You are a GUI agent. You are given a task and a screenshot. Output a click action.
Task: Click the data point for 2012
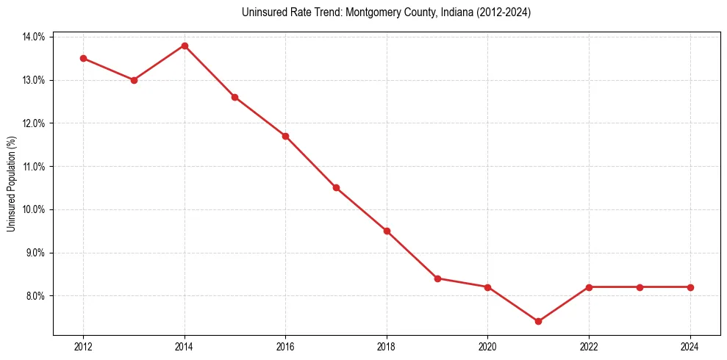(83, 58)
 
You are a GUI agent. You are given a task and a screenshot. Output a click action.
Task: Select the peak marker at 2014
(185, 46)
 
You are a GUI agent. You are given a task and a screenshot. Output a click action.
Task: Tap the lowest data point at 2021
(538, 321)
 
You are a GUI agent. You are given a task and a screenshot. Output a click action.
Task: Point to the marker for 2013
(134, 80)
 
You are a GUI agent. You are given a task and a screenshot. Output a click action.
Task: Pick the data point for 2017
(336, 187)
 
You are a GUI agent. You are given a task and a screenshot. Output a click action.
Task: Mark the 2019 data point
(437, 278)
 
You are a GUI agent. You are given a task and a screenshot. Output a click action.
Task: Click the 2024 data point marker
(690, 287)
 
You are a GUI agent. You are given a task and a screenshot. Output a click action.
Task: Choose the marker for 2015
(234, 97)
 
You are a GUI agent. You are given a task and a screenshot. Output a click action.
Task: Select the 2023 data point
(640, 287)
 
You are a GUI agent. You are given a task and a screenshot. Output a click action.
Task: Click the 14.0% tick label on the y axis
(34, 37)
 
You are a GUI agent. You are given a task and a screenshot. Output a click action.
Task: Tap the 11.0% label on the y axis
(34, 167)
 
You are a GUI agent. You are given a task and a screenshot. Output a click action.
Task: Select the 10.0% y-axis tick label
(34, 209)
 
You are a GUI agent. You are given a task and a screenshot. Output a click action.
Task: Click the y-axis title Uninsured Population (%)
(12, 184)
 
